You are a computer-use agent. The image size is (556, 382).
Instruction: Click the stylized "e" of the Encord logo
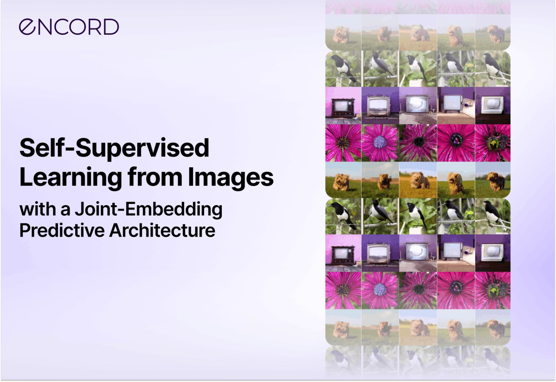(27, 27)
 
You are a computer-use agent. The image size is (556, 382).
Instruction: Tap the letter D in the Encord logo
(111, 27)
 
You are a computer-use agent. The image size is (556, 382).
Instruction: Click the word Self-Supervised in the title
(114, 148)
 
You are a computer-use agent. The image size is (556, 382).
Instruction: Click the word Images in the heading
(231, 178)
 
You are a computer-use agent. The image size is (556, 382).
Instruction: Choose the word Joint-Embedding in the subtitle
(149, 209)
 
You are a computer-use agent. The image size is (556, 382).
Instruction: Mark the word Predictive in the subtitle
(62, 230)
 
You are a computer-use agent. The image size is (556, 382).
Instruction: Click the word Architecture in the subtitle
(162, 230)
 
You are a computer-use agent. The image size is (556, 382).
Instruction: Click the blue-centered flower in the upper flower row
(380, 143)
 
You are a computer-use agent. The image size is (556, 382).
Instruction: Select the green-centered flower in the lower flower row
(493, 291)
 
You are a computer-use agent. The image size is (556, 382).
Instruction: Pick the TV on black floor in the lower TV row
(493, 253)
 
